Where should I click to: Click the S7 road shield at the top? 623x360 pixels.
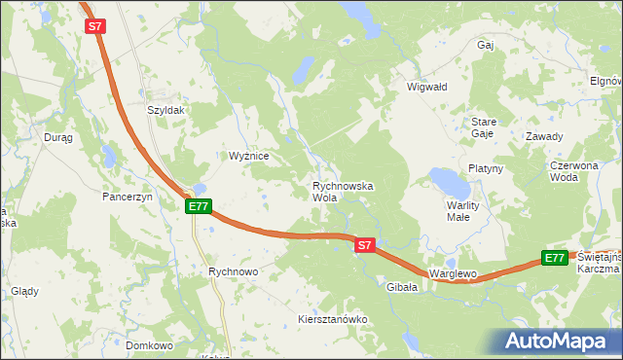[x=94, y=28]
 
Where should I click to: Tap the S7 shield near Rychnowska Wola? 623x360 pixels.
[x=364, y=245]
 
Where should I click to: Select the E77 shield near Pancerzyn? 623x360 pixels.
[x=199, y=206]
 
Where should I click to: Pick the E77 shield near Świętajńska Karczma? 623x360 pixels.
[x=555, y=258]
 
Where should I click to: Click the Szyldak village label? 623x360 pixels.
[x=165, y=111]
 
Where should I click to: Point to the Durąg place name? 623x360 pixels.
[x=58, y=138]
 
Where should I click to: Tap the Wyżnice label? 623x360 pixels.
[x=248, y=156]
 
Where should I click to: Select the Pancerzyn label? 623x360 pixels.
[x=128, y=197]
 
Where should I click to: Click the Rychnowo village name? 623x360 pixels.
[x=233, y=272]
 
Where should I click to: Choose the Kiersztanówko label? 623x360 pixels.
[x=331, y=319]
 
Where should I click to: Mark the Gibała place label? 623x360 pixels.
[x=402, y=288]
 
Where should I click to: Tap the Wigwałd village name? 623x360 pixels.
[x=426, y=87]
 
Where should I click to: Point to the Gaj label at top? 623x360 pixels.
[x=486, y=45]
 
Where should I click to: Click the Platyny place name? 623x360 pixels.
[x=485, y=168]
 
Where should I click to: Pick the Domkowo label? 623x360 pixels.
[x=149, y=345]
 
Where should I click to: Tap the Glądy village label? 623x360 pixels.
[x=24, y=291]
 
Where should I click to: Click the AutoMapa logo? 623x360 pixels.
[x=559, y=342]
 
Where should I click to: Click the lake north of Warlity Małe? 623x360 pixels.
[x=450, y=182]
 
